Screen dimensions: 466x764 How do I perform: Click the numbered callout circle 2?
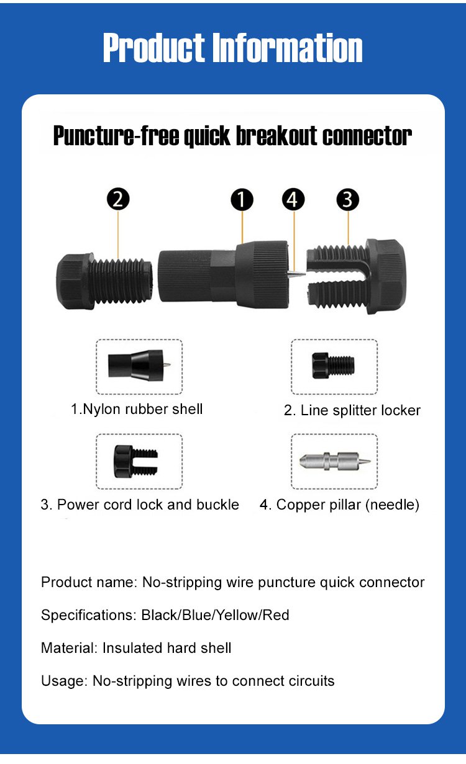coord(118,199)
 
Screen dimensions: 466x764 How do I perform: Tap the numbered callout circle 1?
coord(242,199)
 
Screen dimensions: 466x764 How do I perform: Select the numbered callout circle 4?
coord(293,199)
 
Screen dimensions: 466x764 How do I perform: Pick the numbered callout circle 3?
coord(347,199)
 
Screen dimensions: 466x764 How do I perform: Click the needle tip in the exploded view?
coord(304,274)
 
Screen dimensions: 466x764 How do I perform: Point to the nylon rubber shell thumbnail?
coord(139,366)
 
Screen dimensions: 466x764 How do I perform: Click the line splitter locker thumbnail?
coord(333,366)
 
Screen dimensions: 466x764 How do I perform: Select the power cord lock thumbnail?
coord(136,461)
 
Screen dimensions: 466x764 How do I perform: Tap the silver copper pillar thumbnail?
coord(335,461)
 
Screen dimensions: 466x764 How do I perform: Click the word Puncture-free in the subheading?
coord(116,136)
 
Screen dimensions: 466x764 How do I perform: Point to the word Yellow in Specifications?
coord(237,615)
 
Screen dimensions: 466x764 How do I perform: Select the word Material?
coord(69,648)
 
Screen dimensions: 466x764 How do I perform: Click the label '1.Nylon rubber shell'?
coord(137,409)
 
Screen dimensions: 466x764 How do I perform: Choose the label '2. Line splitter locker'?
coord(352,410)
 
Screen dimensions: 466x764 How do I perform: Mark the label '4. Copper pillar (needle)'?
coord(339,505)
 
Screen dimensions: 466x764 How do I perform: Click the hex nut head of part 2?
coord(75,281)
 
